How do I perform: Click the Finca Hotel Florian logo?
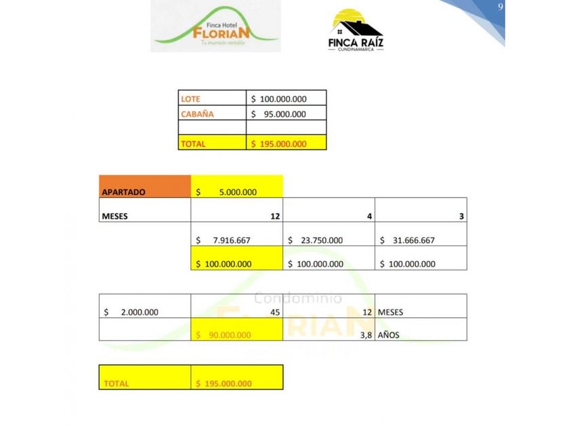tap(215, 27)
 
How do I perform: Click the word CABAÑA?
tap(197, 114)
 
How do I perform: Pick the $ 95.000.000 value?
tap(278, 114)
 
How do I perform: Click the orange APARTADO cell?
tap(145, 187)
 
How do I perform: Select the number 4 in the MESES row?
tap(369, 216)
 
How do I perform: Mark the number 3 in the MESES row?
tap(461, 216)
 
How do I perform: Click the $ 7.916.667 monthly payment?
tap(223, 240)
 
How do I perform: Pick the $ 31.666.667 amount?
tap(407, 240)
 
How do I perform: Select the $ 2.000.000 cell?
tap(131, 312)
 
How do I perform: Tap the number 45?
tap(275, 312)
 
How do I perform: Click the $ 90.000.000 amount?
tap(224, 335)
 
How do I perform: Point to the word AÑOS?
tap(389, 335)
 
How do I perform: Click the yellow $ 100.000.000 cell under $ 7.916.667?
tap(224, 264)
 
